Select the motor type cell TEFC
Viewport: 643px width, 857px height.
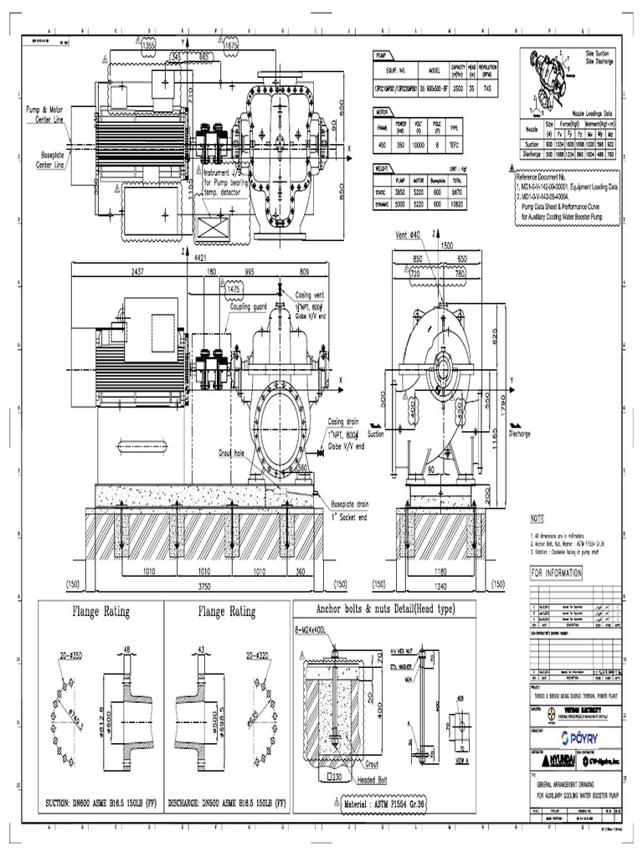(478, 143)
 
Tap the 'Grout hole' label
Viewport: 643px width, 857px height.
(230, 452)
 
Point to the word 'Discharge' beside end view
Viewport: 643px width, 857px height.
(519, 434)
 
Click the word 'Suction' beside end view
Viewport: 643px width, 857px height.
(376, 434)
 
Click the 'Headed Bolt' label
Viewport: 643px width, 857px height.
(376, 778)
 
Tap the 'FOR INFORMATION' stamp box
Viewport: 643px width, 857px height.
(555, 572)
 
